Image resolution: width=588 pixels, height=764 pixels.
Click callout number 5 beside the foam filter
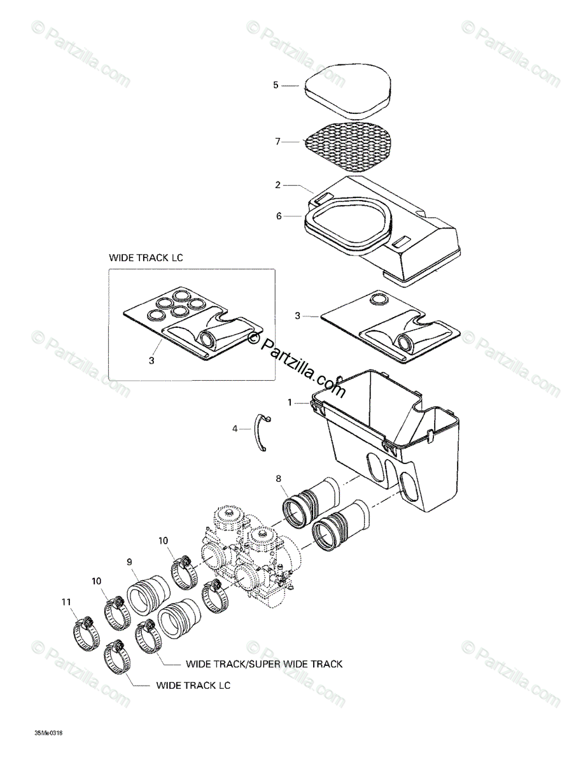pyautogui.click(x=276, y=85)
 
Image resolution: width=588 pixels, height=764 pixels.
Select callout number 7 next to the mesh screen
pyautogui.click(x=277, y=141)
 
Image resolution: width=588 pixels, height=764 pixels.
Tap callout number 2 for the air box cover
pyautogui.click(x=278, y=185)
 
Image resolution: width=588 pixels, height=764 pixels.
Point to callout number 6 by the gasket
pyautogui.click(x=278, y=216)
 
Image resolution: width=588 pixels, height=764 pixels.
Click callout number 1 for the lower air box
pyautogui.click(x=290, y=402)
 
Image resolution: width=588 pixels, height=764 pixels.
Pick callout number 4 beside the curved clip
pyautogui.click(x=235, y=429)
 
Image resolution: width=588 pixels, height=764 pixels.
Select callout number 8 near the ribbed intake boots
pyautogui.click(x=277, y=478)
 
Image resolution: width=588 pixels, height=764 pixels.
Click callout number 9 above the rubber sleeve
pyautogui.click(x=129, y=562)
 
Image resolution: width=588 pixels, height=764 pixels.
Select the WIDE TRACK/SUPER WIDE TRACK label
pyautogui.click(x=264, y=664)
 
